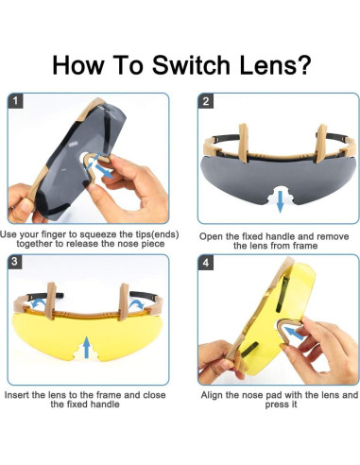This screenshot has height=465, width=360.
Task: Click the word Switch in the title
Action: [191, 65]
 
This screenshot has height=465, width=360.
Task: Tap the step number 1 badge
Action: [15, 100]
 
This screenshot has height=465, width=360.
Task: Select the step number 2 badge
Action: [205, 101]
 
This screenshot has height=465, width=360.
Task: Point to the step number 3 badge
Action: [14, 262]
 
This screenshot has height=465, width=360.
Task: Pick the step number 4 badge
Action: [205, 263]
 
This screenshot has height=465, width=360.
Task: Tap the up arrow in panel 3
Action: [87, 347]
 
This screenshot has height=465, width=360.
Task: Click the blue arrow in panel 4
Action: [294, 334]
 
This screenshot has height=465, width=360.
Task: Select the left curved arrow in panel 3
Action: [38, 302]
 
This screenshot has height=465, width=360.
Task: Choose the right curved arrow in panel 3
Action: [136, 304]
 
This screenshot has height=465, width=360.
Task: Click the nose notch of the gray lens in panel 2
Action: [280, 195]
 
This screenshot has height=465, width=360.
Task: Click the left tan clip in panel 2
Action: [243, 143]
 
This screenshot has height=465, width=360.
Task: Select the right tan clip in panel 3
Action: [124, 301]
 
